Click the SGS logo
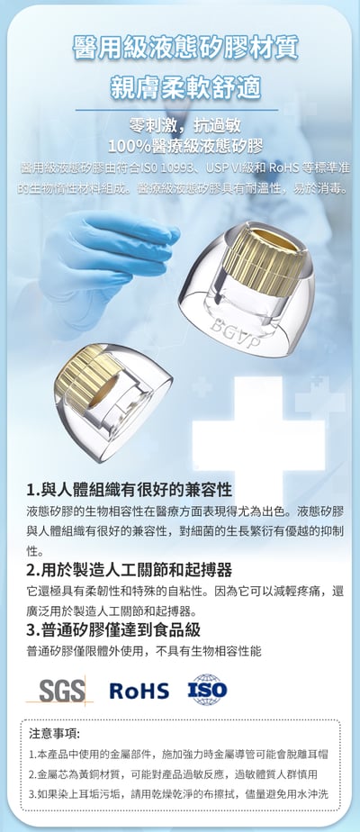pos(66,691)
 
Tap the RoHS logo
pos(139,691)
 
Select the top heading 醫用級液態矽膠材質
pos(184,48)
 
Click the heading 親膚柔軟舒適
pos(184,87)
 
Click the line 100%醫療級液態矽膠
pos(184,145)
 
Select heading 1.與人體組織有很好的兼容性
pos(130,491)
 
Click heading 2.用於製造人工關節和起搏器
pos(130,570)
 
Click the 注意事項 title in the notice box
pos(55,733)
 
